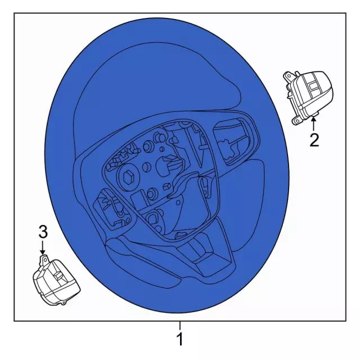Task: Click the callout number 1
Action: [180, 339]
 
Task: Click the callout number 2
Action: [314, 139]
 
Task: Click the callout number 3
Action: [43, 231]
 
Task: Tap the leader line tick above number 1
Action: [180, 325]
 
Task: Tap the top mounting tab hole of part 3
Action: [44, 258]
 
